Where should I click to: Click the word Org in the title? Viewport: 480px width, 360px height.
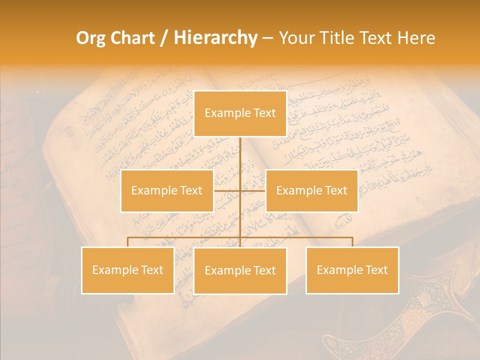(x=90, y=38)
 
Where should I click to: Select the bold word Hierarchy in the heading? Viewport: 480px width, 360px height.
(x=215, y=38)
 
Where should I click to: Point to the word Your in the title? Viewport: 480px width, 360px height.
(x=294, y=38)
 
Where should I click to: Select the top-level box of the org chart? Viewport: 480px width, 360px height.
(x=240, y=113)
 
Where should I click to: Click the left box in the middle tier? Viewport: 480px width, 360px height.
(x=167, y=190)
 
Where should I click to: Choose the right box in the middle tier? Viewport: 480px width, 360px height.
(x=311, y=190)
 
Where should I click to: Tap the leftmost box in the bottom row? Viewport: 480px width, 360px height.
(x=127, y=270)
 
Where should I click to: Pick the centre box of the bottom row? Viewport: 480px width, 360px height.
(x=240, y=270)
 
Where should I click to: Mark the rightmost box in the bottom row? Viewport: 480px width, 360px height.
(x=352, y=270)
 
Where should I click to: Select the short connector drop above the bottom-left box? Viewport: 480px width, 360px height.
(x=127, y=242)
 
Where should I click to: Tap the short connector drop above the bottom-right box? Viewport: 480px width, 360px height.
(x=352, y=242)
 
